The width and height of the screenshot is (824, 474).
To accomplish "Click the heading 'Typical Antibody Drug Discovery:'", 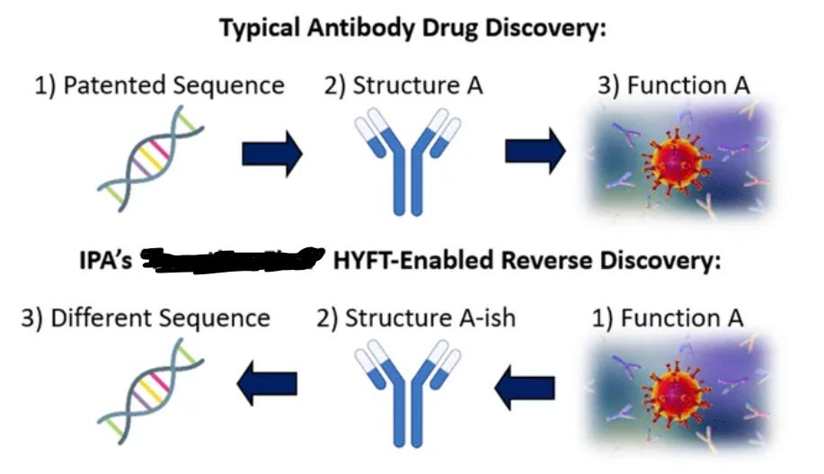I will pos(412,27).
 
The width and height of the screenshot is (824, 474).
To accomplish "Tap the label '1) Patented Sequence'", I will pos(159,85).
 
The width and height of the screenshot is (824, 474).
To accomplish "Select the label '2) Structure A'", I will pos(404,85).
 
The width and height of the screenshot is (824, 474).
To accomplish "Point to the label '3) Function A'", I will pos(673,85).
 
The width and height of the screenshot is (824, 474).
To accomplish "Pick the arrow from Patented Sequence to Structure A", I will pos(272,154).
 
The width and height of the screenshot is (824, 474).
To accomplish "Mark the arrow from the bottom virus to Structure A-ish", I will pos(527,388).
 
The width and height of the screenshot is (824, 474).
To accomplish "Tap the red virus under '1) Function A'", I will pos(670,396).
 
